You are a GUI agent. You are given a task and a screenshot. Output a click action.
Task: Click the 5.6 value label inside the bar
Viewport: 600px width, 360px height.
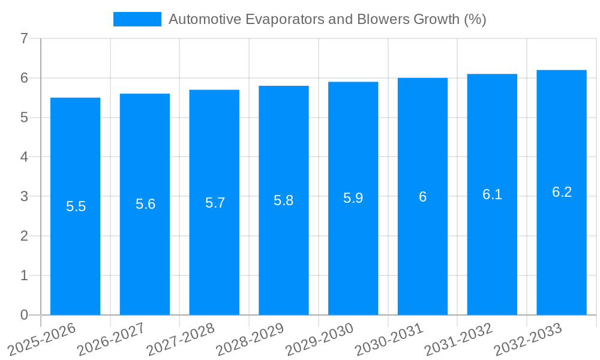(x=145, y=204)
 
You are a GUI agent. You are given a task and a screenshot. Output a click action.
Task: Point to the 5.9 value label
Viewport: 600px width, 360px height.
(x=353, y=198)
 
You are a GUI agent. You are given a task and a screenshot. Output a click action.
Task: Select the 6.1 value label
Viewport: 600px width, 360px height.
(x=492, y=194)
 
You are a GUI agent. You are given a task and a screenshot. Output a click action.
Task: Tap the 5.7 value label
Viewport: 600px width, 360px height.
(x=215, y=203)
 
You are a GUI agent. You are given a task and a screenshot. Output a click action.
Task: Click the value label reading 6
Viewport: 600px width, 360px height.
(x=422, y=197)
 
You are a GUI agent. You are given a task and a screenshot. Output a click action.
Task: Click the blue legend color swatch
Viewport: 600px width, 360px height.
(x=137, y=19)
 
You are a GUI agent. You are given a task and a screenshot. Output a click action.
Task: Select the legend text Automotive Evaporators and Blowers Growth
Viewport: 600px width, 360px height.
(x=327, y=19)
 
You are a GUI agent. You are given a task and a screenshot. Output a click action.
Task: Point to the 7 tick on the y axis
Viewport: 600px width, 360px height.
(x=24, y=39)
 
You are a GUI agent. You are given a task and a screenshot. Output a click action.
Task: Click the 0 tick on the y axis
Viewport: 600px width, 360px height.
(x=24, y=315)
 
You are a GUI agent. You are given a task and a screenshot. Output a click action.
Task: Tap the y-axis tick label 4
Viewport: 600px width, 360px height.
(x=24, y=157)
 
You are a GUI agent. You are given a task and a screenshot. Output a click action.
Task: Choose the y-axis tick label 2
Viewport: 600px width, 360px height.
(x=24, y=236)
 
